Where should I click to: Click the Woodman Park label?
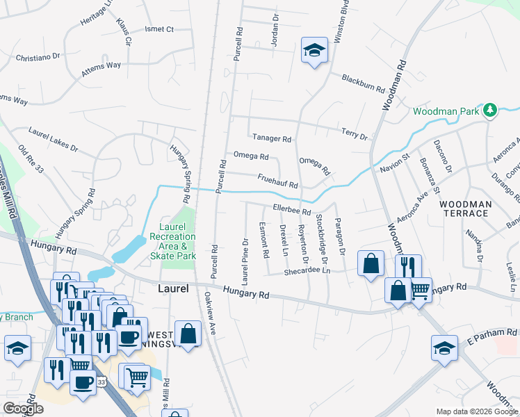(x=446, y=111)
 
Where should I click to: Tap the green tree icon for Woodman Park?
(x=490, y=111)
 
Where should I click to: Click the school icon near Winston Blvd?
(x=314, y=51)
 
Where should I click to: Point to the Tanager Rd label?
(x=270, y=138)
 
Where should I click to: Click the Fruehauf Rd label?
(x=277, y=181)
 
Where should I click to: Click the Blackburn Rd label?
(x=363, y=83)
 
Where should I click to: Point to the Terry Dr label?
(x=354, y=133)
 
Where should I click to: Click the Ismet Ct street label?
(x=159, y=29)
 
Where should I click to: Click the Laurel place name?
(x=173, y=287)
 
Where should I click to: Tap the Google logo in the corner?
(x=23, y=409)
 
